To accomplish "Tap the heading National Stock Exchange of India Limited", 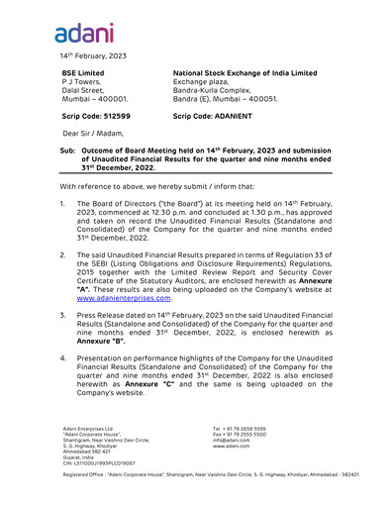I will click(x=245, y=73).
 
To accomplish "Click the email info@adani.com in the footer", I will click(x=231, y=441).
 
